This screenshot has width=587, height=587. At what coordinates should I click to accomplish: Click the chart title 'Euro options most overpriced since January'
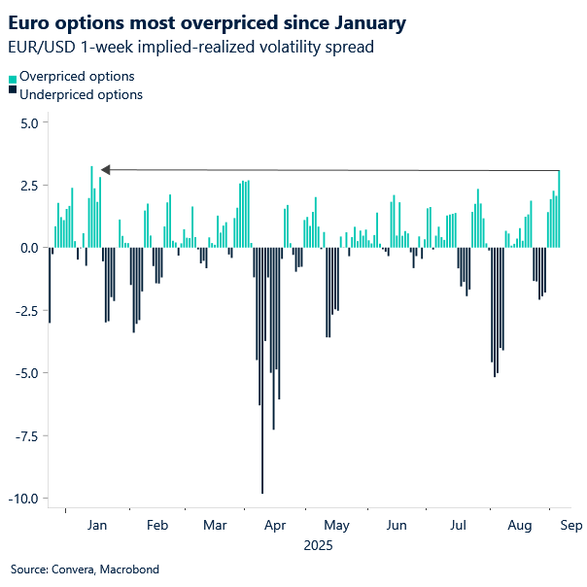pyautogui.click(x=207, y=20)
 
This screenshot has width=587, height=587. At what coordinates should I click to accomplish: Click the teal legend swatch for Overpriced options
pyautogui.click(x=13, y=77)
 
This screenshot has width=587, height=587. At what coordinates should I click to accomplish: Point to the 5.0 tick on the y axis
pyautogui.click(x=25, y=123)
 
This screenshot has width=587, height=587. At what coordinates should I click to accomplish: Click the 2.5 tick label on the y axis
pyautogui.click(x=25, y=186)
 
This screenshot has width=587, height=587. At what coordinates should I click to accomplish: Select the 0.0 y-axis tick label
pyautogui.click(x=25, y=248)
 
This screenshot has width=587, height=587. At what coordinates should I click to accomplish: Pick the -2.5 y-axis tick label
pyautogui.click(x=23, y=311)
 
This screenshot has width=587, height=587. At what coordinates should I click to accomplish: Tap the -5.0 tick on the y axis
pyautogui.click(x=23, y=373)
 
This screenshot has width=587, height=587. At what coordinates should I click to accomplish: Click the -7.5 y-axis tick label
pyautogui.click(x=23, y=435)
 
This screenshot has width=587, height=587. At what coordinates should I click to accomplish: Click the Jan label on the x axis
pyautogui.click(x=97, y=526)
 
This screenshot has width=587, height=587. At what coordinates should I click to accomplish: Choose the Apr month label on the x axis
pyautogui.click(x=276, y=526)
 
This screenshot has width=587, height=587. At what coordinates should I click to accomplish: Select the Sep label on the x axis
pyautogui.click(x=570, y=526)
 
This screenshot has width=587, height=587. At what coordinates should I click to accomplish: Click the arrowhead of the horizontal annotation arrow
pyautogui.click(x=105, y=170)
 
